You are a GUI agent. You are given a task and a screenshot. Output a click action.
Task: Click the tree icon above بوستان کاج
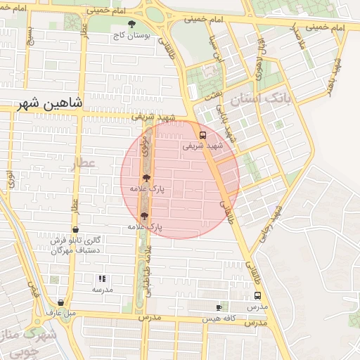(131, 24)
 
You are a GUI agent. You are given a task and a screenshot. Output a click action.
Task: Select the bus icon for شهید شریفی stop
(202, 135)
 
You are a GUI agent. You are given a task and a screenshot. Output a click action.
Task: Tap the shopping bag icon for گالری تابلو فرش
(76, 229)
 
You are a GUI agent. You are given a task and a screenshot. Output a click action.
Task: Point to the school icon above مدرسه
(102, 278)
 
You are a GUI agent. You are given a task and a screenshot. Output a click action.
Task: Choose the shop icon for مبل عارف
(62, 303)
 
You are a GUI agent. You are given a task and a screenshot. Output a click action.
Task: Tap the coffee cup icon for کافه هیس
(219, 308)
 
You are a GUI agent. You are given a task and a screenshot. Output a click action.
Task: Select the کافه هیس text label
(219, 318)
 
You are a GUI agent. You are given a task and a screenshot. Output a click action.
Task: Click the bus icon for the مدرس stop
(256, 297)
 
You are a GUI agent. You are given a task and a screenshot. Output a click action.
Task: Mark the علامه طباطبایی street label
(147, 264)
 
